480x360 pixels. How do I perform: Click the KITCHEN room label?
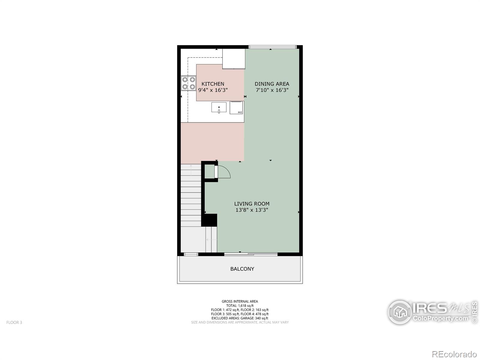(x=213, y=84)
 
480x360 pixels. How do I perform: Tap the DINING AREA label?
(x=272, y=84)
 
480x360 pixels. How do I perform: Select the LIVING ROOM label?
(x=252, y=204)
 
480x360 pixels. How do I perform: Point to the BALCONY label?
(x=242, y=269)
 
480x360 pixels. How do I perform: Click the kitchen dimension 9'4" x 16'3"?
(x=213, y=90)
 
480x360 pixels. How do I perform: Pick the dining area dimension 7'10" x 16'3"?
(x=272, y=90)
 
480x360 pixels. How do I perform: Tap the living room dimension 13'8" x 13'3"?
(x=252, y=210)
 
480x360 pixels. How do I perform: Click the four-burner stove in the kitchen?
(x=188, y=83)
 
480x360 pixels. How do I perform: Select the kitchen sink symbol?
(x=219, y=108)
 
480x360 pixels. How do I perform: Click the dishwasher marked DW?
(x=236, y=107)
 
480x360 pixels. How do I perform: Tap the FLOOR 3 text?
(x=14, y=322)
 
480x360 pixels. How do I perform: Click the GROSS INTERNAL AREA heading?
(x=240, y=301)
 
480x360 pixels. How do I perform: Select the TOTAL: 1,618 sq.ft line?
(x=240, y=306)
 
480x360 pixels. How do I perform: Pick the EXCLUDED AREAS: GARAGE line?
(x=240, y=318)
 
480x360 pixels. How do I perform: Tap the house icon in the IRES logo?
(x=400, y=312)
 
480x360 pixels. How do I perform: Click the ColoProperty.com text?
(x=440, y=318)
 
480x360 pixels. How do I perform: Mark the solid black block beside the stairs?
(x=209, y=220)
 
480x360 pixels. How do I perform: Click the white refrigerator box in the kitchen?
(x=233, y=59)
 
